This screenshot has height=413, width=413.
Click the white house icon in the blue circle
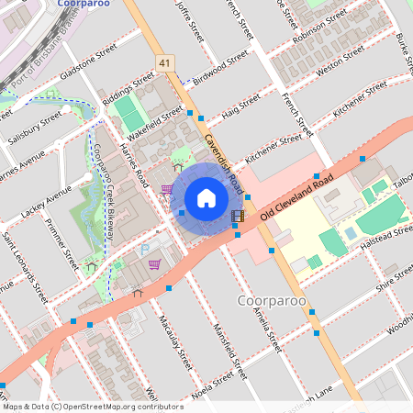pos(206,197)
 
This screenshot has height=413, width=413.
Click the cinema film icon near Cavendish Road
pos(238,218)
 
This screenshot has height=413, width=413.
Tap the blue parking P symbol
pos(143,249)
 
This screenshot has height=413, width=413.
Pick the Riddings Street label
pos(129,90)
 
